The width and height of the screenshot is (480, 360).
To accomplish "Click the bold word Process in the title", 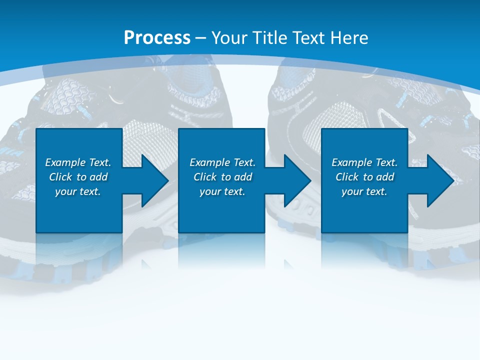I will pyautogui.click(x=157, y=38).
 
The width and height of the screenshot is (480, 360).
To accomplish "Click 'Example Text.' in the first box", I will pyautogui.click(x=78, y=162).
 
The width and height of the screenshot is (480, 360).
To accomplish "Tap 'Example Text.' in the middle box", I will pyautogui.click(x=222, y=162).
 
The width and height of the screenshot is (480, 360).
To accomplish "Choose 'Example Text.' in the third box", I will pyautogui.click(x=364, y=162).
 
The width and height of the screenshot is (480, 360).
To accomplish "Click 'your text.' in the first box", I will pyautogui.click(x=78, y=191).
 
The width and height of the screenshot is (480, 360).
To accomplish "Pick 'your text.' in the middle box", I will pyautogui.click(x=222, y=191).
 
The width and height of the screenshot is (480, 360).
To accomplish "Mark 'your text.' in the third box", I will pyautogui.click(x=364, y=191).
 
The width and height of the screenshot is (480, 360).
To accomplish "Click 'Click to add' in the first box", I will pyautogui.click(x=78, y=177).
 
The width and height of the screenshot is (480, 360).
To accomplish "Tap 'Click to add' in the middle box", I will pyautogui.click(x=222, y=177).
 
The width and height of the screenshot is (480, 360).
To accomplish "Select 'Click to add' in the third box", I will pyautogui.click(x=364, y=177).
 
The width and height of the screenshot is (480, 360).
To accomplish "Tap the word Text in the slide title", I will pyautogui.click(x=308, y=38).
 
